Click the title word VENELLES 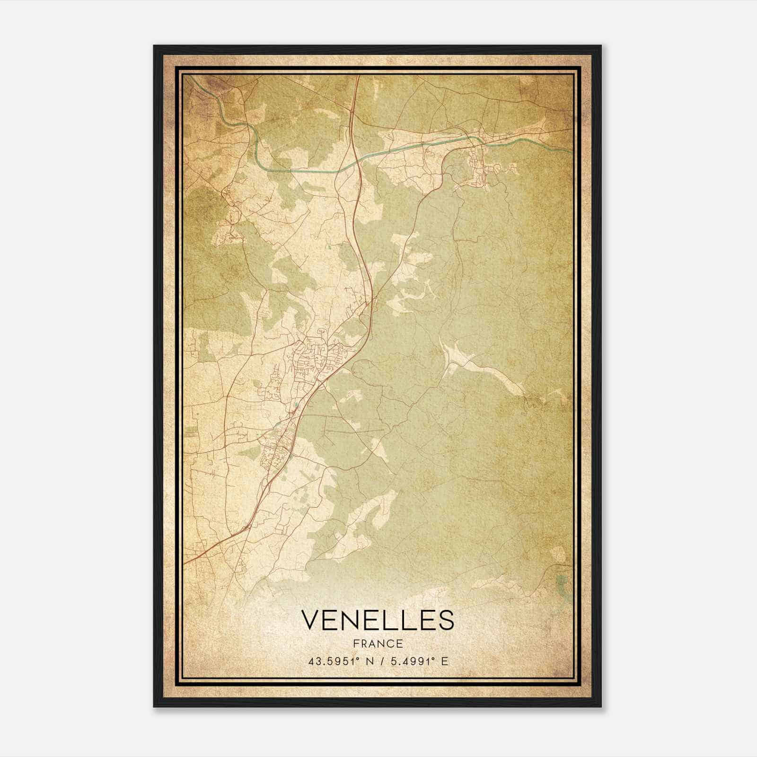click(x=378, y=620)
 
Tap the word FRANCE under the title click(x=378, y=643)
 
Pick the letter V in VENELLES click(x=310, y=620)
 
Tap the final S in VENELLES click(x=445, y=620)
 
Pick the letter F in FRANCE click(x=355, y=643)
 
